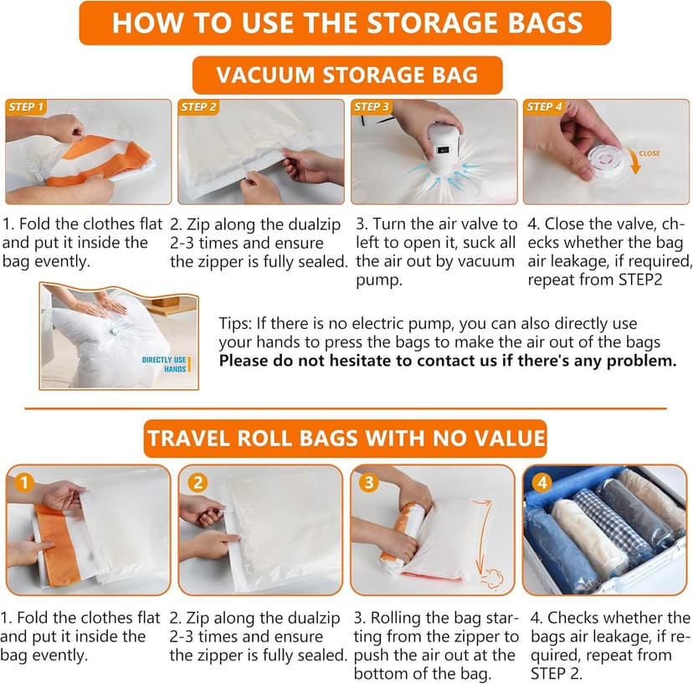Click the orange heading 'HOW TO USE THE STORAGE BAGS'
click(x=346, y=23)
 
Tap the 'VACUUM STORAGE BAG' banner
click(x=346, y=75)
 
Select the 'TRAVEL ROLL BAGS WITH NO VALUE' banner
click(x=346, y=438)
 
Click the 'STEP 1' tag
click(x=27, y=107)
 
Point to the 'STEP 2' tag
click(x=199, y=107)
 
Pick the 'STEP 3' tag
click(x=372, y=107)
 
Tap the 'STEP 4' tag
click(x=545, y=107)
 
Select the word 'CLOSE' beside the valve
click(x=649, y=154)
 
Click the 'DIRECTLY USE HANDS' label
click(x=164, y=363)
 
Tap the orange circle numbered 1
click(x=24, y=483)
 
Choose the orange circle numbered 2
click(x=198, y=483)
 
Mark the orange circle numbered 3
click(x=369, y=483)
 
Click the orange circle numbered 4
click(x=542, y=483)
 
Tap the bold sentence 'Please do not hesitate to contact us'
click(x=448, y=361)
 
